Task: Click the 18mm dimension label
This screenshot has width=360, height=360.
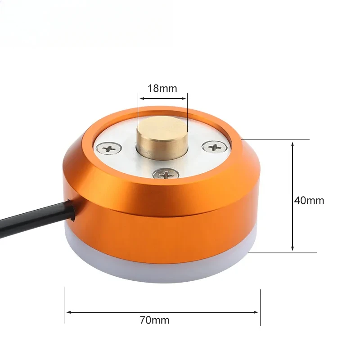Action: click(162, 88)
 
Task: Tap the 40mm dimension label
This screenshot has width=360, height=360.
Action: click(309, 200)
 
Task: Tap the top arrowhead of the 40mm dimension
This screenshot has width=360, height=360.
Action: click(293, 144)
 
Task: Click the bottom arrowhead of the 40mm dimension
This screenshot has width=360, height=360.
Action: click(293, 248)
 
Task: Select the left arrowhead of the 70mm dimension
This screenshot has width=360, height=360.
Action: click(67, 311)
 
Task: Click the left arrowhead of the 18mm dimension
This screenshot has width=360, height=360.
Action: click(140, 98)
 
